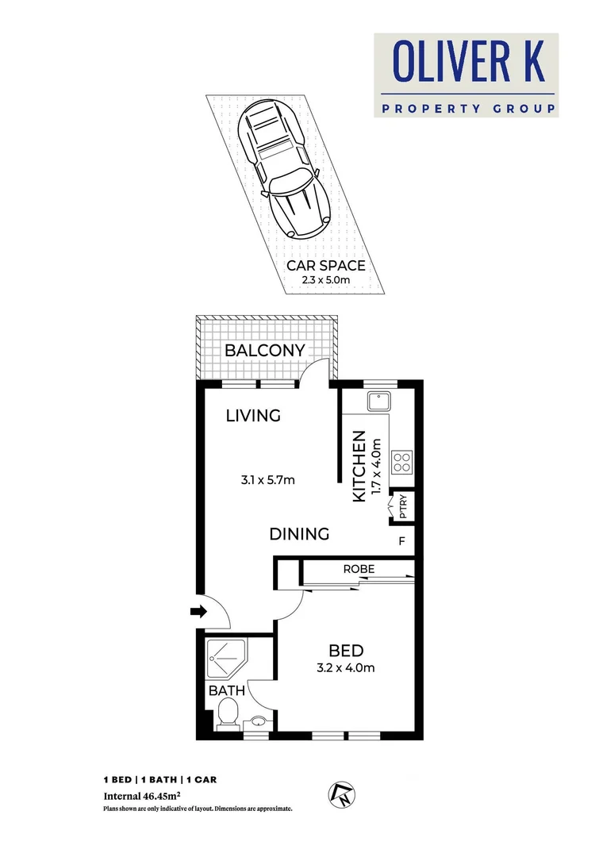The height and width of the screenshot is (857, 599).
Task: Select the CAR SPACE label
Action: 327,265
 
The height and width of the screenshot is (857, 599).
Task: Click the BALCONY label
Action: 264,351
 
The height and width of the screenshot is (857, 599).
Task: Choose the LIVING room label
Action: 253,415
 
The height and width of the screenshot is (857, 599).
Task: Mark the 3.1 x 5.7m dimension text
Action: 268,480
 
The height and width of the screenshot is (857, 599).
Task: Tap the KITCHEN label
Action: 359,466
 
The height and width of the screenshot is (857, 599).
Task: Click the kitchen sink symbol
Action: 376,403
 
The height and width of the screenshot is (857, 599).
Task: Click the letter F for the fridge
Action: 402,542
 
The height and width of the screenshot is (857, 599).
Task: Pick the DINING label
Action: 299,534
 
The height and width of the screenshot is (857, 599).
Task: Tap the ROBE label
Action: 359,569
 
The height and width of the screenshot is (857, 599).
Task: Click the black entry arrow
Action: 198,611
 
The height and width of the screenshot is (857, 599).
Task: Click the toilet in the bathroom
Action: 228,712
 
